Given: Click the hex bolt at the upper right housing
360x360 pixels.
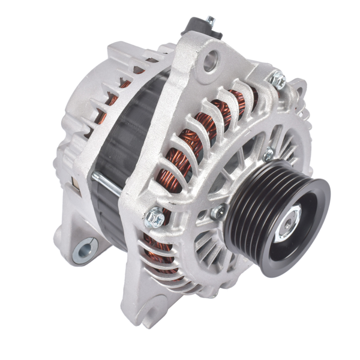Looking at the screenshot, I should click(277, 79).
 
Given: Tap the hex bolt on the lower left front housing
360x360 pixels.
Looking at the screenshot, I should click(155, 217).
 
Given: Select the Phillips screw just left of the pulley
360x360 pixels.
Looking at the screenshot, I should click(218, 211).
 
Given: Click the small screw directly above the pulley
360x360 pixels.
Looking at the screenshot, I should click(268, 155).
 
